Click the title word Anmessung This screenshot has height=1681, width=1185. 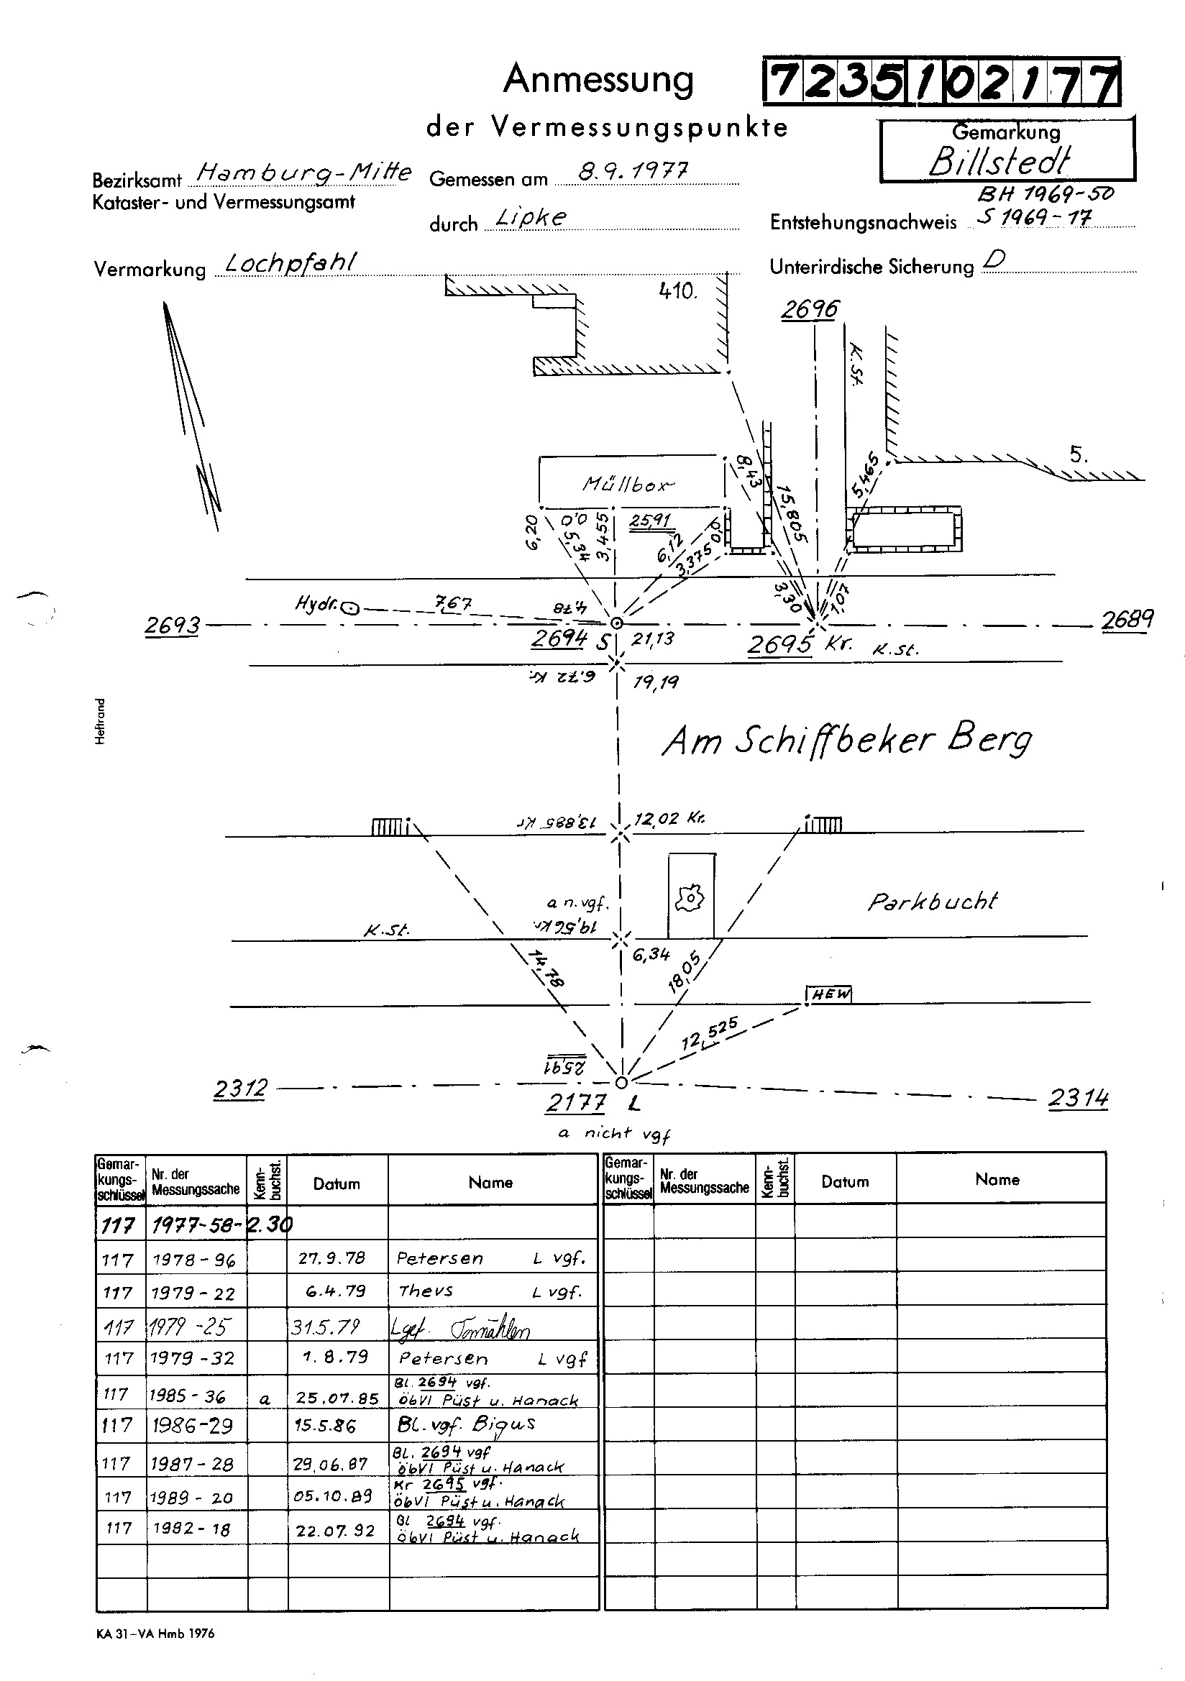point(598,81)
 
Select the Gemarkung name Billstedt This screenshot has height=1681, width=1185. point(1000,160)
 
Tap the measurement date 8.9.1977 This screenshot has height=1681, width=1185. point(632,172)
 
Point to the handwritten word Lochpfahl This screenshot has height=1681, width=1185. point(290,263)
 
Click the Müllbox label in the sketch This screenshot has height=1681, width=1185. point(628,484)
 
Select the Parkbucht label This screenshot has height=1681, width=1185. point(933,902)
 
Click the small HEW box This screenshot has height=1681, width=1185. point(830,994)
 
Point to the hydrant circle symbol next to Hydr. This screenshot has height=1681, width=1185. point(352,606)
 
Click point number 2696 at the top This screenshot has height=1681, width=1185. point(809,310)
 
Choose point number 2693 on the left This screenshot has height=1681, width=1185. point(172,626)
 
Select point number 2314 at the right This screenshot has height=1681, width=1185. point(1078,1098)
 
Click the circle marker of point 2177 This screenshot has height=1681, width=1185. point(621,1082)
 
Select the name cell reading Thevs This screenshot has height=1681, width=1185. point(426,1291)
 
